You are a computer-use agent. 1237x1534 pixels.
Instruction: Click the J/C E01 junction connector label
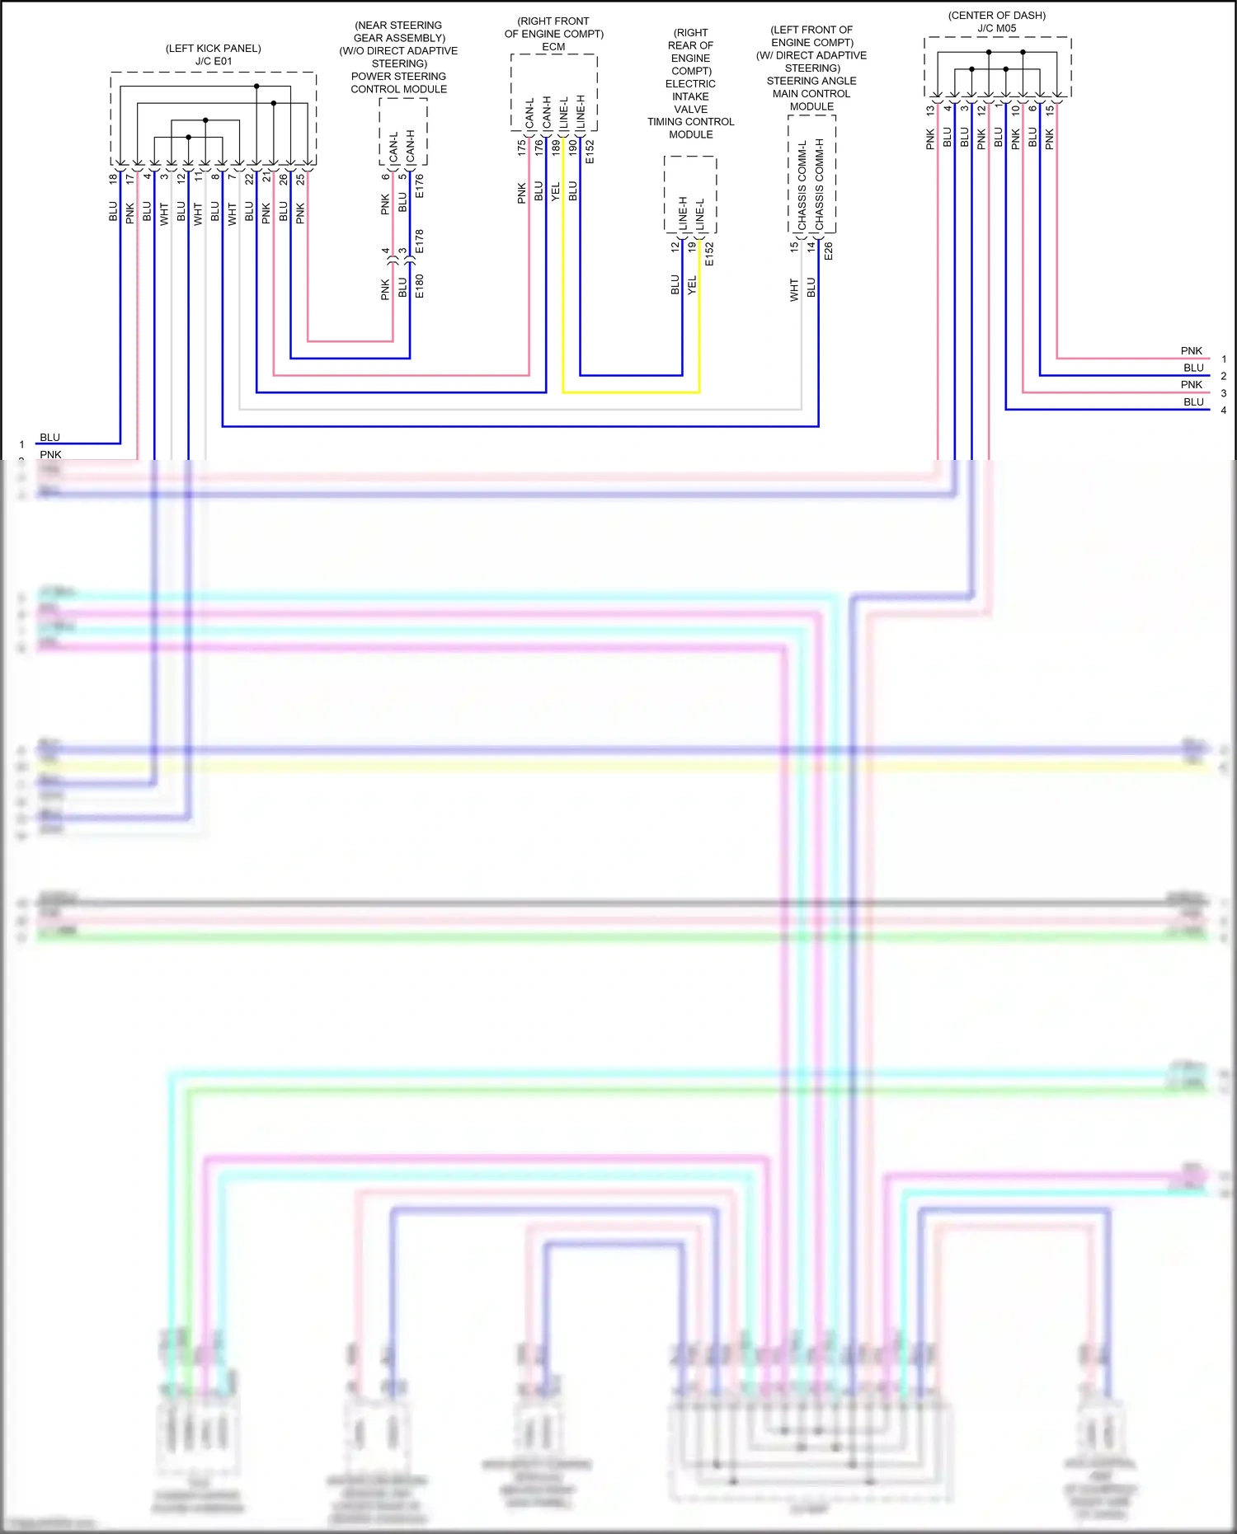point(214,62)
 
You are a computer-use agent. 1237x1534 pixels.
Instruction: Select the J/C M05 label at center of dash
point(996,28)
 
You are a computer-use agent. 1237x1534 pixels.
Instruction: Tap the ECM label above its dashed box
point(553,47)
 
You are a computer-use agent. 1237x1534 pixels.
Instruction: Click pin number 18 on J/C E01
point(113,178)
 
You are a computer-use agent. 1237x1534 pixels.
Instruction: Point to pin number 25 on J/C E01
point(300,178)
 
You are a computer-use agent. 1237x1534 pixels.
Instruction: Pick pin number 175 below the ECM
point(521,148)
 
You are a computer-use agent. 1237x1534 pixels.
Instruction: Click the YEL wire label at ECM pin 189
point(555,191)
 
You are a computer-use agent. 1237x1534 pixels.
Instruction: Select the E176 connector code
point(420,185)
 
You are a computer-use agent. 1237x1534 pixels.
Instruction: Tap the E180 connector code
point(420,286)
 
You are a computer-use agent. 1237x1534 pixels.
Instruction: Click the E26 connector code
point(829,251)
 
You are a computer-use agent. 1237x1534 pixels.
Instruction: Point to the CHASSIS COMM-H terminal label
point(820,185)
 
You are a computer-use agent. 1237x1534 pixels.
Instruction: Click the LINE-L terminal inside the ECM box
point(564,113)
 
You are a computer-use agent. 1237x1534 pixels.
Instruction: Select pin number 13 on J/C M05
point(930,110)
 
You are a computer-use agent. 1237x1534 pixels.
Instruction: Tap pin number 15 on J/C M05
point(1050,110)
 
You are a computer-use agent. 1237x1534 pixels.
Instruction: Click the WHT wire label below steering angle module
point(794,289)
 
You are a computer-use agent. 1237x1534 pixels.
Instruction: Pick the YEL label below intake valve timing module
point(692,285)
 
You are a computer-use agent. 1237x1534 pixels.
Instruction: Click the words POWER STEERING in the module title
point(398,77)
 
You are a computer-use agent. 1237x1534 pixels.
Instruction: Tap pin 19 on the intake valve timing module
point(692,246)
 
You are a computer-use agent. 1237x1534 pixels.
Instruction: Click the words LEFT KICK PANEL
point(214,49)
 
